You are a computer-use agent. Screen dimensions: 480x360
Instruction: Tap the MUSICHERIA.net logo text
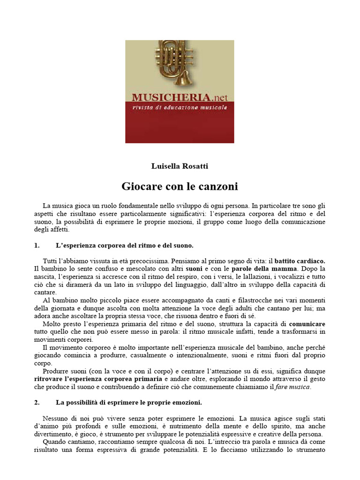pos(180,97)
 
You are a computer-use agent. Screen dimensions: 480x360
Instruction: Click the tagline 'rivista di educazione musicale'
pos(180,107)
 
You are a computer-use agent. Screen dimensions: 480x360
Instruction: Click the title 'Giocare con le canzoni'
pos(180,187)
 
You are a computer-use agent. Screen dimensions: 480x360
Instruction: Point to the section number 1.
pos(37,245)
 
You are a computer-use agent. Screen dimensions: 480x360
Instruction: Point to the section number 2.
pos(37,402)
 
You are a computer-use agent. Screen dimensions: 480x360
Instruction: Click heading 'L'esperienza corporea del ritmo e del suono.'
pos(125,245)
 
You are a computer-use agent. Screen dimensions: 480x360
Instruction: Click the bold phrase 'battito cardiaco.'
pos(300,261)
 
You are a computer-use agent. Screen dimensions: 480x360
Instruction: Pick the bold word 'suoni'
pos(194,269)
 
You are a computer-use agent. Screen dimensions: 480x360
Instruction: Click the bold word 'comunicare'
pos(307,324)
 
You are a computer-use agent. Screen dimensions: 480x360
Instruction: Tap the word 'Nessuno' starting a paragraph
pos(55,418)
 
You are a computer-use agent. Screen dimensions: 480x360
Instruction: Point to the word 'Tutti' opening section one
pos(52,261)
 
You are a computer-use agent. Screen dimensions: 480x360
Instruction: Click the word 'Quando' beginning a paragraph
pos(55,442)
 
